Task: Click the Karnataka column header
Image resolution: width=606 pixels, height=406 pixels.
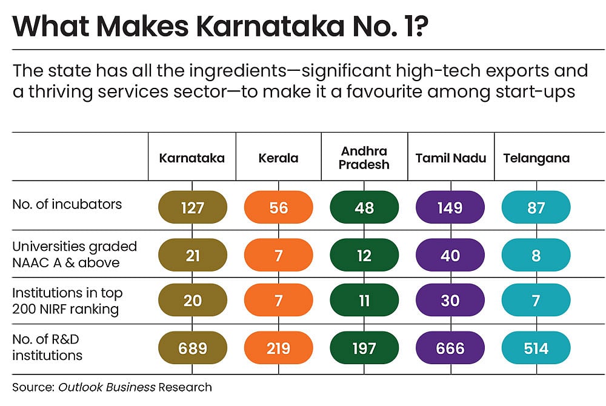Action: pos(191,158)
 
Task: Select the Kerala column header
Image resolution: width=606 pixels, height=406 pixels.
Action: pos(278,158)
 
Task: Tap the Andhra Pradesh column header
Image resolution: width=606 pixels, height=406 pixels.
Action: pos(364,158)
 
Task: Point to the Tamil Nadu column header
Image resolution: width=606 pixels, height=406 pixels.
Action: pos(450,158)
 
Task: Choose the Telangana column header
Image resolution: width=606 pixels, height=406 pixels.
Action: pos(536,158)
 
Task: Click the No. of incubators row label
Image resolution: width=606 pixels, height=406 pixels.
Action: pos(67,204)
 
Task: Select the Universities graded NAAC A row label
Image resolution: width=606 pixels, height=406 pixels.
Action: pos(75,255)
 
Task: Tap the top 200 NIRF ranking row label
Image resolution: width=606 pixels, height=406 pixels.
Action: pos(67,301)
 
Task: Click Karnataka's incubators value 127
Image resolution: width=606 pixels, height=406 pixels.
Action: pos(192,208)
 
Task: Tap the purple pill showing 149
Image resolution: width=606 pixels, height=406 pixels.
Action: pos(450,208)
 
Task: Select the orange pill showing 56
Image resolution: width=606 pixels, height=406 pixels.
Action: pos(278,208)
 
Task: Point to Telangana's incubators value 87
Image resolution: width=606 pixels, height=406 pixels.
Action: pos(536,208)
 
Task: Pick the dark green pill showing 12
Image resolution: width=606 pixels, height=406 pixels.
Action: pos(364,255)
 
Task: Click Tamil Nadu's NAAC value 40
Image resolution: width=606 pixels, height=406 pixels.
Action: pos(450,255)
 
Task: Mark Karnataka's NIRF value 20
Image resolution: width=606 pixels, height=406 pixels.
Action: pos(192,301)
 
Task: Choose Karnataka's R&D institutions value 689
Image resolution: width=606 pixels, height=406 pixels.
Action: pos(192,348)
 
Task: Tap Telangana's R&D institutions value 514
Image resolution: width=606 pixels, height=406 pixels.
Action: pos(536,348)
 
